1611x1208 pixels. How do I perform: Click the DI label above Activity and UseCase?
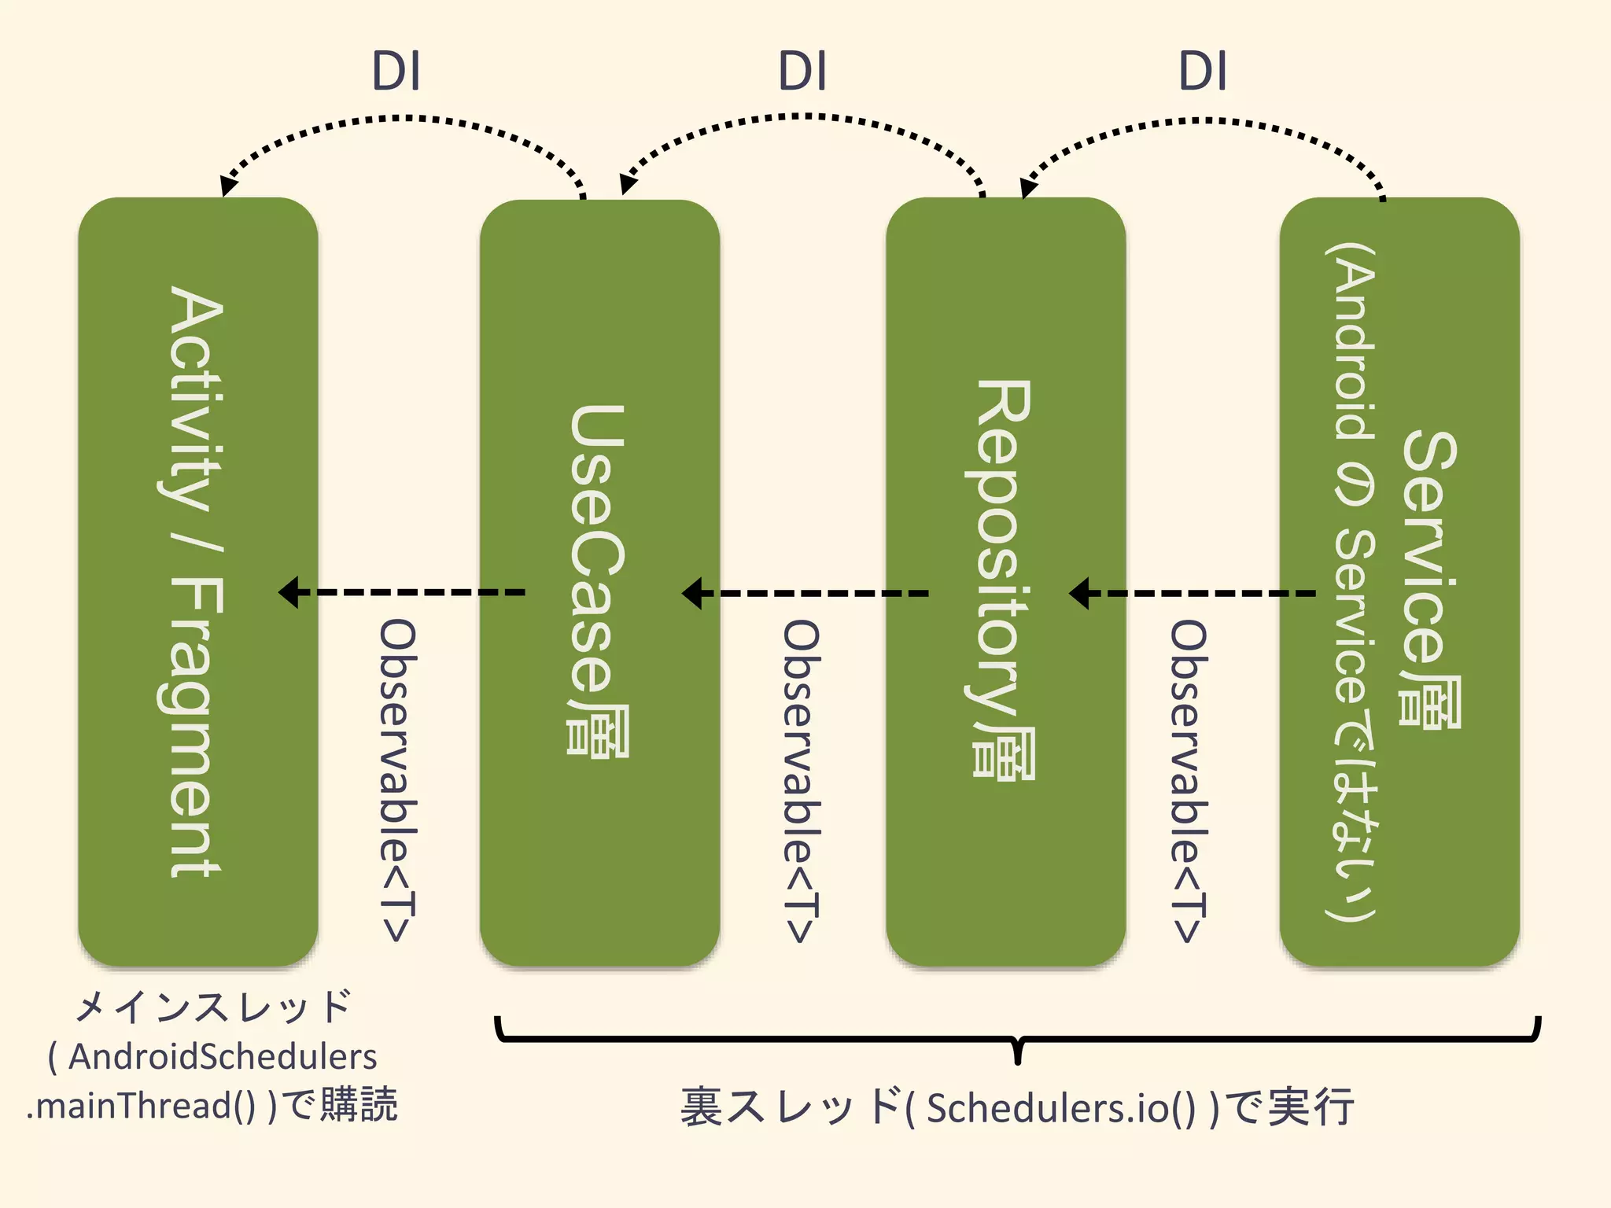point(396,72)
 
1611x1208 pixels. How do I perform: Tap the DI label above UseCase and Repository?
point(802,72)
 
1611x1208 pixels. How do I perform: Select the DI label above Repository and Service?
point(1203,72)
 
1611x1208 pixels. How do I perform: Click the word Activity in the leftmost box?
point(196,397)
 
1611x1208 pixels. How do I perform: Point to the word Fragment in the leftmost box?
point(196,727)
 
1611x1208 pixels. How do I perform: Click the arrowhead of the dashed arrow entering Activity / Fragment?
point(289,592)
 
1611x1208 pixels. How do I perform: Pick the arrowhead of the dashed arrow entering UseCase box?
point(691,593)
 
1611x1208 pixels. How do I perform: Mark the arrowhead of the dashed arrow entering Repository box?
point(1079,593)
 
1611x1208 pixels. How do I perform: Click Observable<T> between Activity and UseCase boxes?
point(397,780)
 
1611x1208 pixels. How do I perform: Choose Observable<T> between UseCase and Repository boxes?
point(801,780)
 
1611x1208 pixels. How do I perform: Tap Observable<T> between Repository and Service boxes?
point(1188,780)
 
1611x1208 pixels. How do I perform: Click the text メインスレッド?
point(212,1007)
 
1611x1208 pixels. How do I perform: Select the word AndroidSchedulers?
point(223,1056)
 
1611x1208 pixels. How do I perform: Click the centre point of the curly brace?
point(1018,1051)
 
